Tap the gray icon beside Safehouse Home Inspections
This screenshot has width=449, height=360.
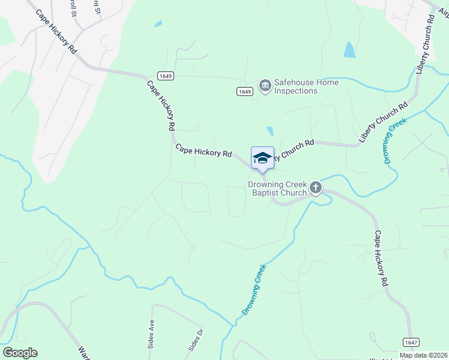coord(265,86)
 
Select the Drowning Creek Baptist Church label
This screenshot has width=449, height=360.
coord(278,188)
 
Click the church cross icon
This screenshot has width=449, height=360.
coord(316,189)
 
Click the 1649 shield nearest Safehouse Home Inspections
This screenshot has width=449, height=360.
coord(244,91)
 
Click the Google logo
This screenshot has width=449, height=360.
coord(20,353)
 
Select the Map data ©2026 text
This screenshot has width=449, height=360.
coord(423,355)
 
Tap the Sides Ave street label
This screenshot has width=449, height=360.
coord(152,331)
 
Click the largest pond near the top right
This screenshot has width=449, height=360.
coord(349,50)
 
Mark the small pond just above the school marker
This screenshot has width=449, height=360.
coord(270,131)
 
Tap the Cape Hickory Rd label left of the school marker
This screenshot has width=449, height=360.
coord(203,150)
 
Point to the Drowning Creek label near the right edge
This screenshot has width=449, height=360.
coord(396,141)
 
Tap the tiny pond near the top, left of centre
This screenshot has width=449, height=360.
coord(158,24)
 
